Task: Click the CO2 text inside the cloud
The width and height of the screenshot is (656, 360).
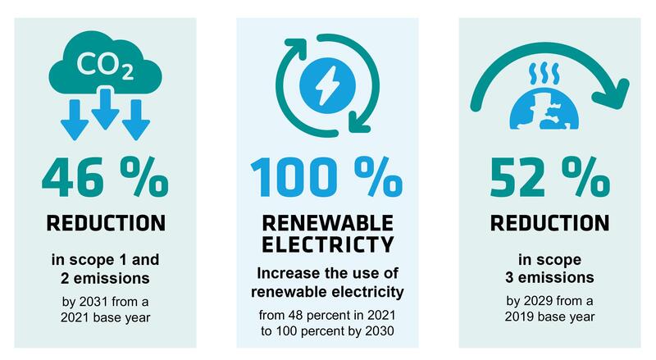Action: pos(105,66)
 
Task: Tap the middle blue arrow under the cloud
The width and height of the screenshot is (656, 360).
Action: pos(105,108)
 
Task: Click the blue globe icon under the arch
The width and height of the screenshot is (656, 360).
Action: pos(544,111)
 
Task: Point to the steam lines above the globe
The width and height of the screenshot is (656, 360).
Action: pos(544,74)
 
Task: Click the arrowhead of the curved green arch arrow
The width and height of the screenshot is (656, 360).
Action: pos(612,94)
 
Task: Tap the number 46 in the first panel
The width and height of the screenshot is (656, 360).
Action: pos(73,177)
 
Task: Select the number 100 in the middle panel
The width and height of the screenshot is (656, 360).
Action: pos(294,177)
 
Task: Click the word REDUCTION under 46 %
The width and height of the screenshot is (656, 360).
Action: pos(106,223)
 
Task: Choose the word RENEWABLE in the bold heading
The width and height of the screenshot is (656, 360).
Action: pos(327,223)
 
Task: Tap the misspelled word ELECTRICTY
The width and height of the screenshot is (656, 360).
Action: pos(327,244)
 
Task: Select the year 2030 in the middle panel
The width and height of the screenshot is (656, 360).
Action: pos(380,330)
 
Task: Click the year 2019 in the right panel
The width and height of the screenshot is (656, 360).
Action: pos(519,316)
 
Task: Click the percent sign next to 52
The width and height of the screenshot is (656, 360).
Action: pos(586,176)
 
